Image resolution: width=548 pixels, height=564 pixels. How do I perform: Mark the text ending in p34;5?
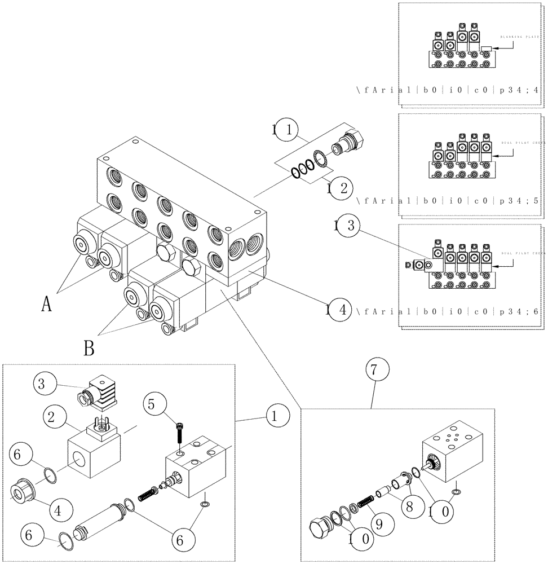(449, 200)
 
